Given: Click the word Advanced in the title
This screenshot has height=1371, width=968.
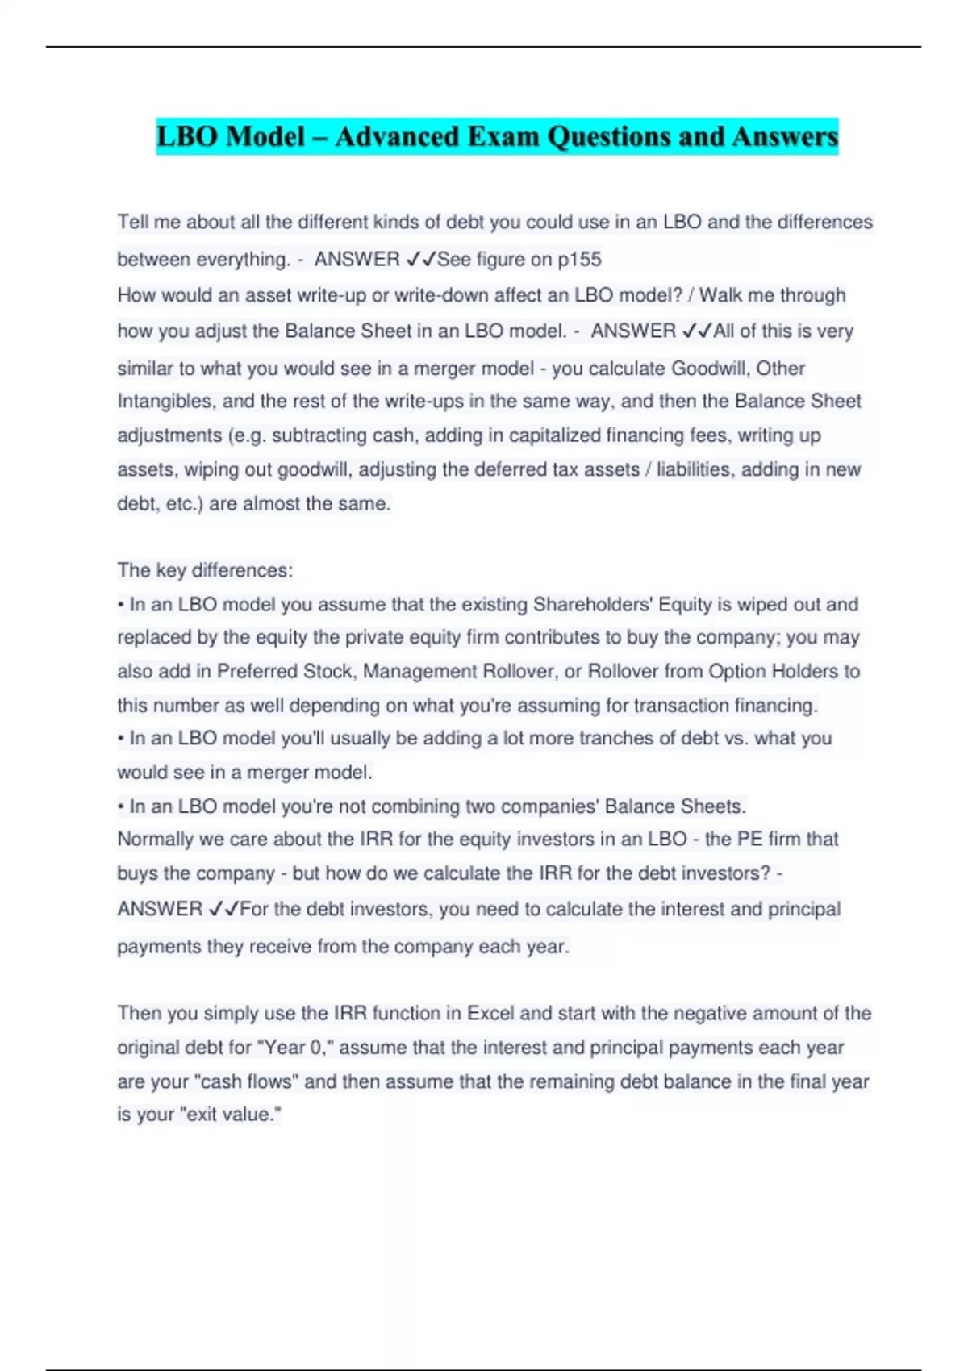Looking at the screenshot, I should (x=394, y=136).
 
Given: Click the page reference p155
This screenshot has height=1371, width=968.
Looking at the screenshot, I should (x=579, y=260).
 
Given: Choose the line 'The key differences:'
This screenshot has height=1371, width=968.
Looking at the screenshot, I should (x=205, y=570).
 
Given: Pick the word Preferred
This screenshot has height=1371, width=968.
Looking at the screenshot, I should (x=257, y=672).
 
